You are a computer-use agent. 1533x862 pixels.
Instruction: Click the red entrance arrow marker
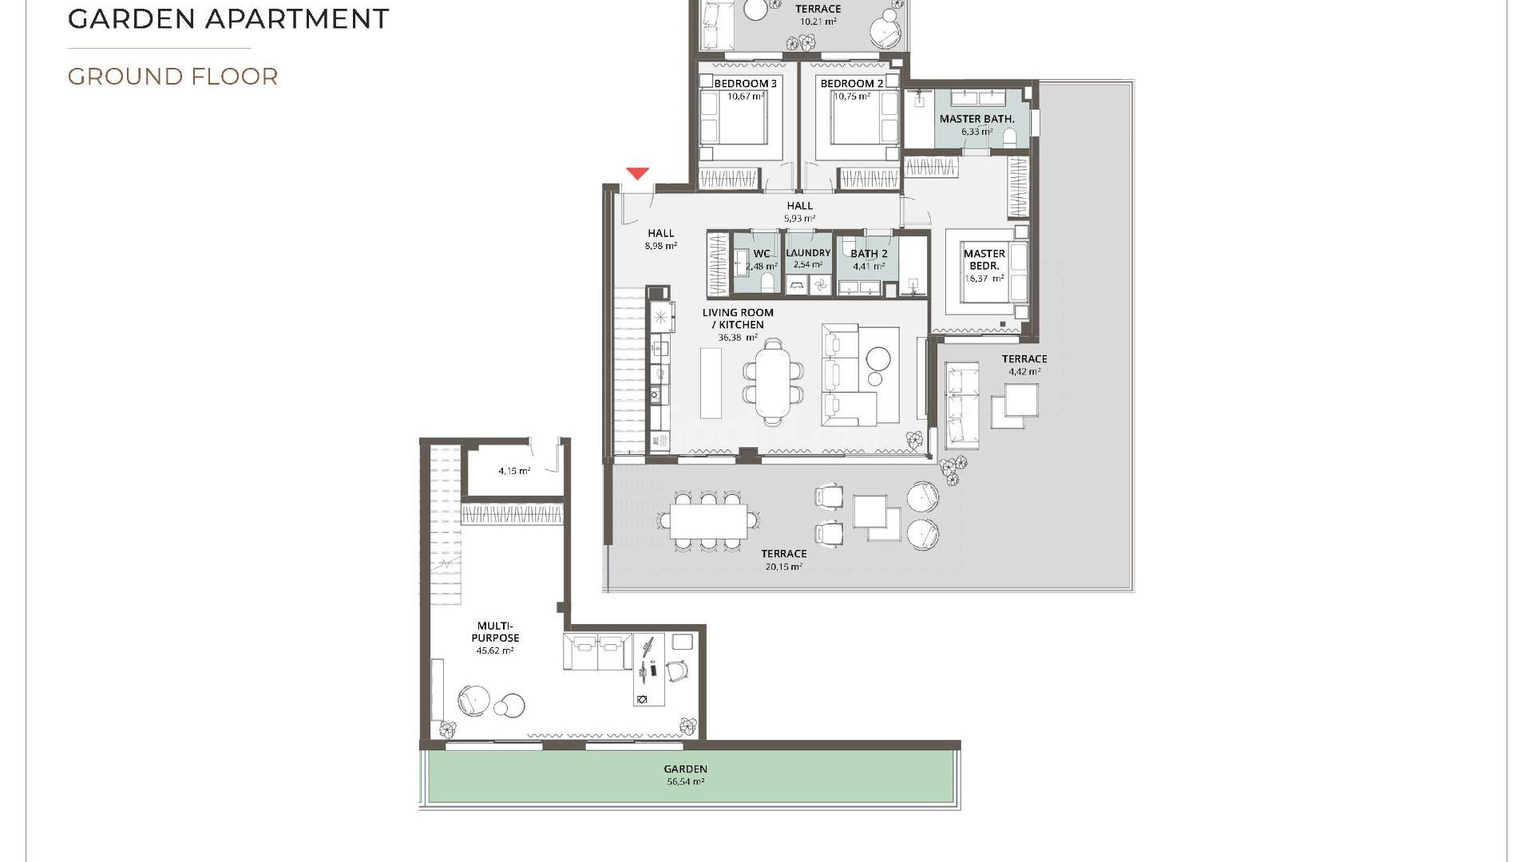coord(636,173)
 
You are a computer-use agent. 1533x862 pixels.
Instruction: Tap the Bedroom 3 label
coord(745,84)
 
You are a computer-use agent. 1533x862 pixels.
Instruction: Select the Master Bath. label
coord(976,119)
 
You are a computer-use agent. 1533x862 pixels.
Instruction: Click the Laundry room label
coord(808,253)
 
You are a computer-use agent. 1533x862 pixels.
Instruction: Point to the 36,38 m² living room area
coord(737,338)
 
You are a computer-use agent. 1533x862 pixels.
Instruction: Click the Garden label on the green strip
coord(685,769)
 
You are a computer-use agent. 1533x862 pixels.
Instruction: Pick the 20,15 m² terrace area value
coord(782,567)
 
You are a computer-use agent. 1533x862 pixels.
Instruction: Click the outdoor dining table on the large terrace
coord(708,521)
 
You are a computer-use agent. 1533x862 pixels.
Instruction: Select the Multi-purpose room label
coord(495,632)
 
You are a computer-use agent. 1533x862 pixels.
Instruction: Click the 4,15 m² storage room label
coord(514,471)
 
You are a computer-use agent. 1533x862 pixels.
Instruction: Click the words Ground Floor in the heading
coord(172,77)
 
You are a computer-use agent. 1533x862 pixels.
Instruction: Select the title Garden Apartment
coord(228,18)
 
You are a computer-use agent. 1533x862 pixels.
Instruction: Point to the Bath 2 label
coord(869,254)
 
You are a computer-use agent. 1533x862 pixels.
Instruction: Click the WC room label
coord(762,254)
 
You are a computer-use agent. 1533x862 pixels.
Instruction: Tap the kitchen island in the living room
coord(711,382)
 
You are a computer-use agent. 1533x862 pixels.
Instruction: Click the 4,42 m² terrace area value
coord(1024,372)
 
